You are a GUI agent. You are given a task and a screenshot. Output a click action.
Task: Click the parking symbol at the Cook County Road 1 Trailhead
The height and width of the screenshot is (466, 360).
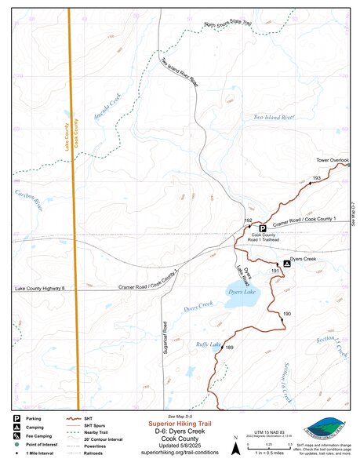coord(263,228)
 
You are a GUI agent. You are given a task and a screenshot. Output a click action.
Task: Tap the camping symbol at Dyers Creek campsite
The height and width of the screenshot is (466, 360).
coord(286,264)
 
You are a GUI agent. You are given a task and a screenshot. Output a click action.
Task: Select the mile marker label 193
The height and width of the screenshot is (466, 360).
coord(316,180)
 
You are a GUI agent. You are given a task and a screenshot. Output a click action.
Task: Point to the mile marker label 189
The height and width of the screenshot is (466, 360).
coord(230,348)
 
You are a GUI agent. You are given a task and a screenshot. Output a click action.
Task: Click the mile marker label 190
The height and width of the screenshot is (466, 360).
coord(287,314)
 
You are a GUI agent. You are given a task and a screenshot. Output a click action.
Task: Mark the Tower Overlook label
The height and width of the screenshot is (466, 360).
coord(332,160)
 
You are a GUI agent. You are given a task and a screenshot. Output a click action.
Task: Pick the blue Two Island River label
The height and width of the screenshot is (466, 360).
coord(273,117)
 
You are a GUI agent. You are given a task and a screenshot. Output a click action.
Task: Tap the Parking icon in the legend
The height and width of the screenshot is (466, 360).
coord(16,418)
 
